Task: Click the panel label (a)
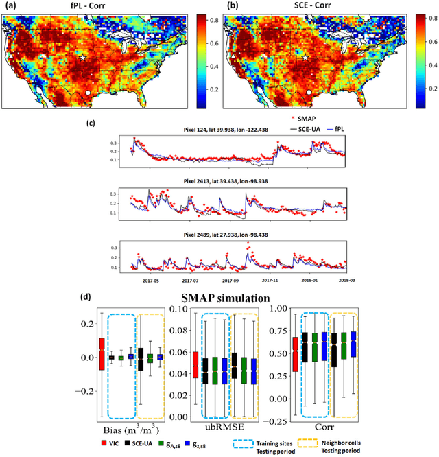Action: [x=10, y=6]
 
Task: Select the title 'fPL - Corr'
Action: [x=96, y=6]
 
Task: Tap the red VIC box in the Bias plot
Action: [x=102, y=354]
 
